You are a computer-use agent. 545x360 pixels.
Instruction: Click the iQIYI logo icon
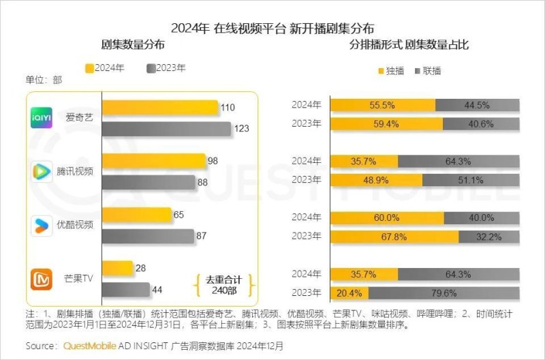click(42, 117)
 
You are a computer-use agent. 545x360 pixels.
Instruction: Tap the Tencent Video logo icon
click(42, 170)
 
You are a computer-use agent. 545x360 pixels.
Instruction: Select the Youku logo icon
click(42, 224)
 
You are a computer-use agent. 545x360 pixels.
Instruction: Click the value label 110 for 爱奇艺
click(228, 108)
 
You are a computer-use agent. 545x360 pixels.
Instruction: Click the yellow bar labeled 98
click(154, 161)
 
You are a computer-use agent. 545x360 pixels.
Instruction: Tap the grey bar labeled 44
click(124, 289)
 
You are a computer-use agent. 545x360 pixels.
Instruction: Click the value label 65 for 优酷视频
click(179, 215)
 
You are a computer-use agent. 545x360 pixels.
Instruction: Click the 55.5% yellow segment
click(382, 104)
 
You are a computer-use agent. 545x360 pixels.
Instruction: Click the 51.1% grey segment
click(471, 180)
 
